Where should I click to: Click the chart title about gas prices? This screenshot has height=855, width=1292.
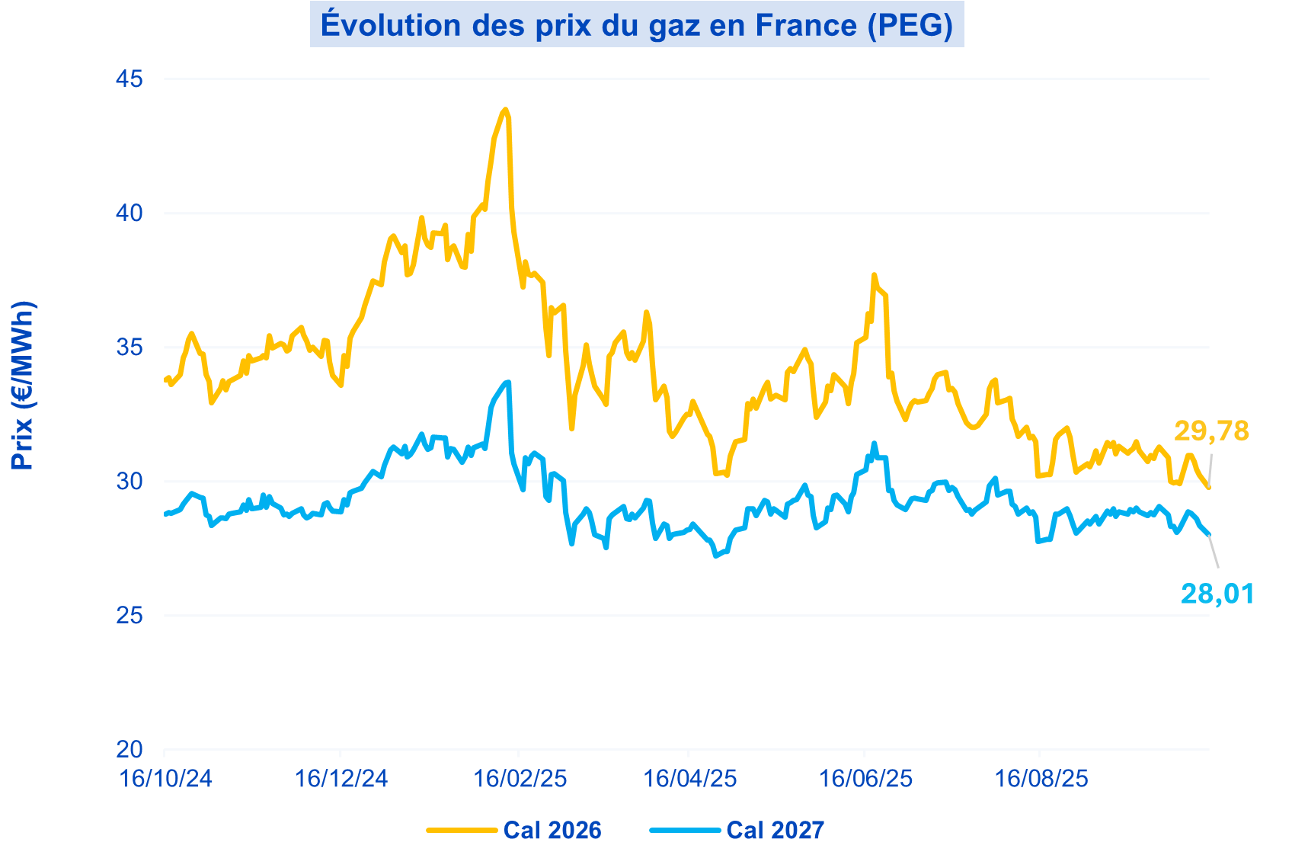pyautogui.click(x=637, y=24)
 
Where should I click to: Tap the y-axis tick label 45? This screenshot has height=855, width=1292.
pyautogui.click(x=130, y=79)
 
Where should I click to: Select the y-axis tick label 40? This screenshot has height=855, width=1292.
pyautogui.click(x=130, y=213)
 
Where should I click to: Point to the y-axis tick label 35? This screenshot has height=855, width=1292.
pyautogui.click(x=130, y=347)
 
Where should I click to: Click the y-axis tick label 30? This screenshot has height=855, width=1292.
pyautogui.click(x=130, y=482)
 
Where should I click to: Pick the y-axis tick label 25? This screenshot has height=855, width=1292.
pyautogui.click(x=130, y=616)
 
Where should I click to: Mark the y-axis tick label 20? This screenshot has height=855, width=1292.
pyautogui.click(x=130, y=750)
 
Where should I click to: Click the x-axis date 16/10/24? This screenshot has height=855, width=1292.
pyautogui.click(x=166, y=779)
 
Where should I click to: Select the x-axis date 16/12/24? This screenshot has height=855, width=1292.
pyautogui.click(x=341, y=779)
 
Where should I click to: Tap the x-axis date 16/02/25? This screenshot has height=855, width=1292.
pyautogui.click(x=520, y=779)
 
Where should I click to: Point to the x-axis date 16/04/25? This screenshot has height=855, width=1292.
pyautogui.click(x=690, y=779)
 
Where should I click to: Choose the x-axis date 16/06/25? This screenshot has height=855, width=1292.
pyautogui.click(x=865, y=779)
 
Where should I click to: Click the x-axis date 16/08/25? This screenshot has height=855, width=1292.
pyautogui.click(x=1041, y=779)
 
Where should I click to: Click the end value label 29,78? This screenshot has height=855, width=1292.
pyautogui.click(x=1211, y=431)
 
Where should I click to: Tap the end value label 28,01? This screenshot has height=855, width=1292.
pyautogui.click(x=1217, y=594)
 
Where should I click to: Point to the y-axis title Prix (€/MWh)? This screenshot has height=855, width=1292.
pyautogui.click(x=23, y=386)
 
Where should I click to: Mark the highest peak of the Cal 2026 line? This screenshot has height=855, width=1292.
pyautogui.click(x=504, y=110)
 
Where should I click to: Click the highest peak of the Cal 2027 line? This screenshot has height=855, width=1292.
pyautogui.click(x=507, y=382)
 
